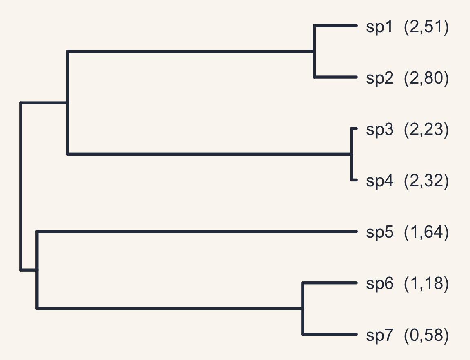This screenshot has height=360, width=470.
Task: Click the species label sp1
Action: [379, 27]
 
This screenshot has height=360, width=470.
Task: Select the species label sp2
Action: [379, 78]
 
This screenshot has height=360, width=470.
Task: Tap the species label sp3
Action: [379, 130]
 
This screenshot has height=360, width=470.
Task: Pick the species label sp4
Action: [379, 181]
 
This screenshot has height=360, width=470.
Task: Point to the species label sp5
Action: [379, 232]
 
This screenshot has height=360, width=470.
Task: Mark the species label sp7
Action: [379, 335]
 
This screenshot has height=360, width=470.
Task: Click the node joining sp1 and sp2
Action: [314, 51]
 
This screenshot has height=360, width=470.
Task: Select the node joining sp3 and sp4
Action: [352, 154]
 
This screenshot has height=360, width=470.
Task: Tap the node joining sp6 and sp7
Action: [303, 308]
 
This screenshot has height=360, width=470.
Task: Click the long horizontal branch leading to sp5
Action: [197, 231]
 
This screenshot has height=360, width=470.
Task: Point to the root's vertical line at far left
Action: [21, 186]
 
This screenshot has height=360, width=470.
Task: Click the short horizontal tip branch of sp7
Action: [330, 334]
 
